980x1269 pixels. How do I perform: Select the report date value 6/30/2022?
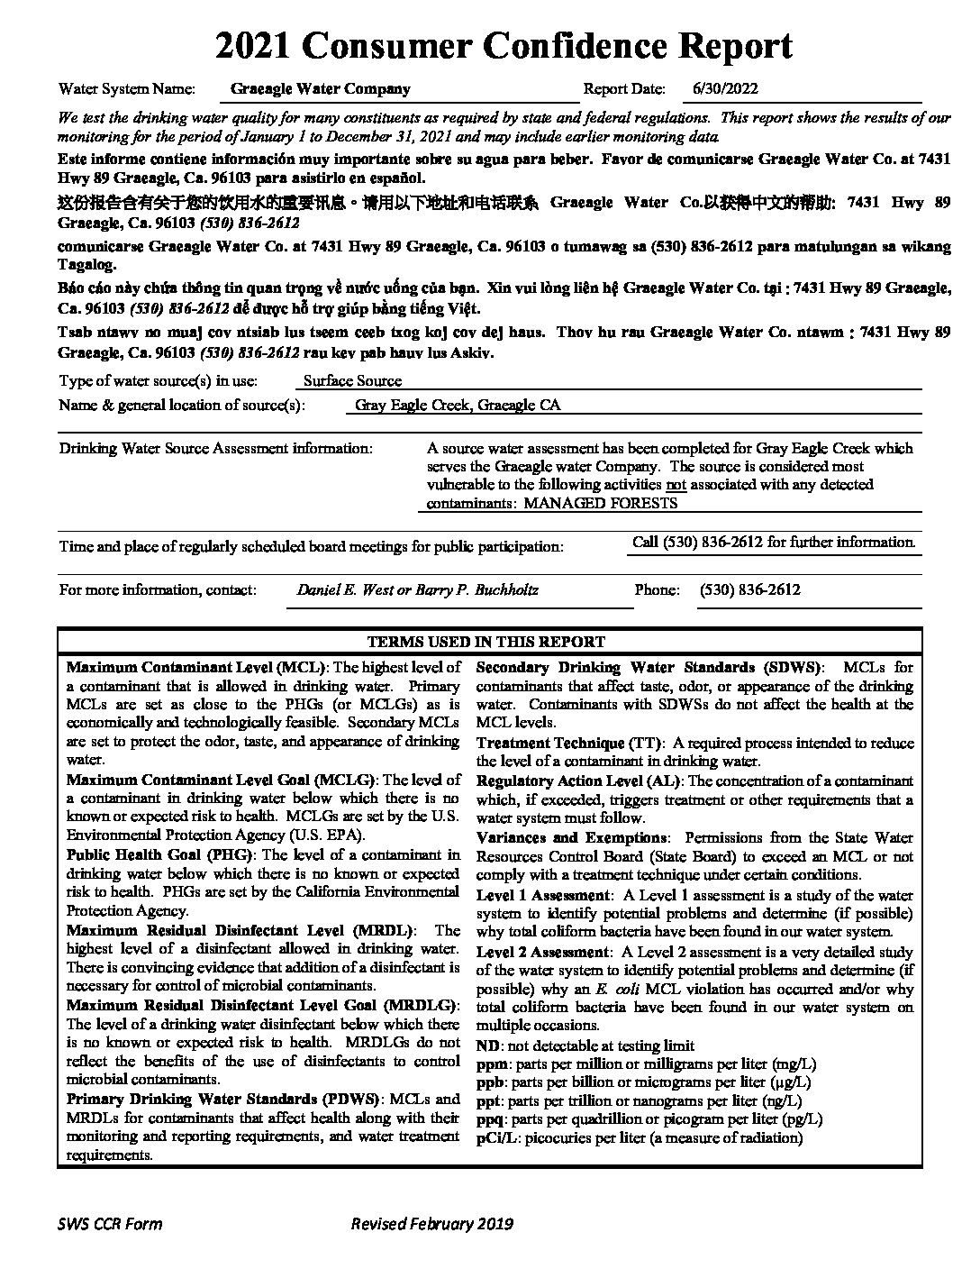click(725, 89)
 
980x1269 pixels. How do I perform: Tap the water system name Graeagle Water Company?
click(320, 89)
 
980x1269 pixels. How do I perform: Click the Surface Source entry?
click(352, 381)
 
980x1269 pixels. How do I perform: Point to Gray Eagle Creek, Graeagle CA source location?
click(458, 406)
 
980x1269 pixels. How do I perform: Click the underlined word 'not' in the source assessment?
click(676, 485)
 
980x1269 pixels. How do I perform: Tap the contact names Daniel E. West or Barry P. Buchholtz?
click(417, 590)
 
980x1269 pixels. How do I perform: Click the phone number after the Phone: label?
click(749, 590)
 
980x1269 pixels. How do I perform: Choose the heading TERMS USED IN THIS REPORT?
click(486, 642)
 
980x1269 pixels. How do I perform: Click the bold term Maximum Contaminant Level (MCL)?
click(197, 668)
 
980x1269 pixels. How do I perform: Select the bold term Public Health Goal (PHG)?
click(162, 854)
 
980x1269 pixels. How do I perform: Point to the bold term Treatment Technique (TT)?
click(569, 744)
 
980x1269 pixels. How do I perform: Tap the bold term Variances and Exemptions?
click(572, 838)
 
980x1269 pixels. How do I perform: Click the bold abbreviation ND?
click(487, 1045)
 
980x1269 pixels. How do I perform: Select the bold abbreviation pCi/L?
click(493, 1138)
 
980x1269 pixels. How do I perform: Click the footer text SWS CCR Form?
click(110, 1223)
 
